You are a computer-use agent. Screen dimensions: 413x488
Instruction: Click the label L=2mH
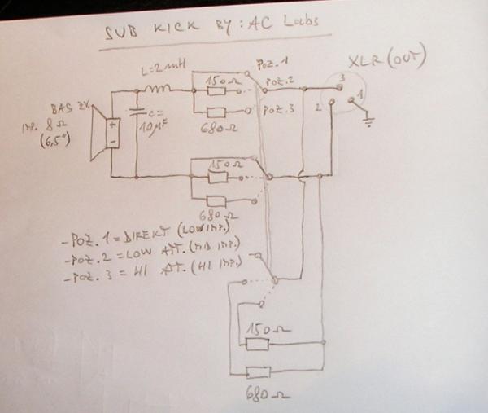pyautogui.click(x=162, y=72)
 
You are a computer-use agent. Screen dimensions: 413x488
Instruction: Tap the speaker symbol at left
pyautogui.click(x=108, y=133)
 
